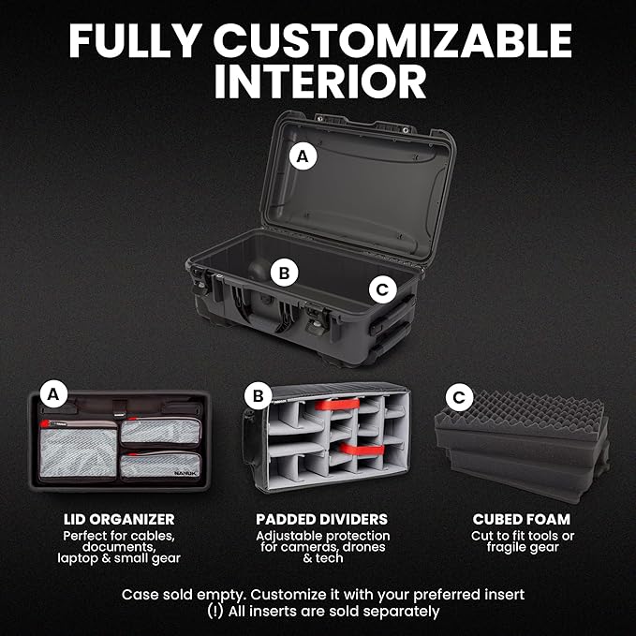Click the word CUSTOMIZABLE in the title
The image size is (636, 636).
tap(392, 40)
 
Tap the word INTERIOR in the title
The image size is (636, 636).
tap(320, 81)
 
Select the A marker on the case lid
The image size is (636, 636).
tap(303, 156)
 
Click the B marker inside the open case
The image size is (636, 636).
tap(285, 273)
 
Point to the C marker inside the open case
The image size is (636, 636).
tap(382, 289)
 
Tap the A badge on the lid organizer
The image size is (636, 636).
tap(53, 393)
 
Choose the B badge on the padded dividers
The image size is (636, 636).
tap(258, 396)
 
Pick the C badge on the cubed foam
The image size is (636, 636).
tap(459, 397)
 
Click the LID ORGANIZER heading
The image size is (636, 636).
tap(119, 519)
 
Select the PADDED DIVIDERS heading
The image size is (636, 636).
tap(321, 519)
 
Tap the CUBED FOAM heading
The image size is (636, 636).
tap(522, 519)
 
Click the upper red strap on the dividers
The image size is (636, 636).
tap(337, 405)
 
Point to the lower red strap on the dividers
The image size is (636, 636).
tap(361, 450)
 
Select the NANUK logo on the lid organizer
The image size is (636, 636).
tap(186, 473)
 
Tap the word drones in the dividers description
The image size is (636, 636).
tap(363, 547)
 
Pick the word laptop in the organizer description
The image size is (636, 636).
tap(78, 558)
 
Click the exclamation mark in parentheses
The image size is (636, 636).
tap(215, 612)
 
